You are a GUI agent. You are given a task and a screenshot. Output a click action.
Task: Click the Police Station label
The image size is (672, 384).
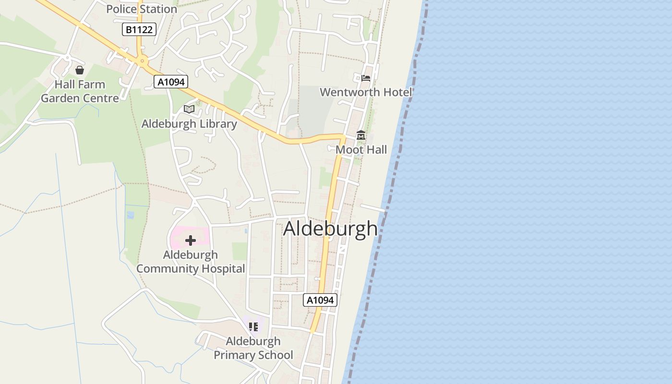point(142,9)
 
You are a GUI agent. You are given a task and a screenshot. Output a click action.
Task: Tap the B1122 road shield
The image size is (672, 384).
point(139,30)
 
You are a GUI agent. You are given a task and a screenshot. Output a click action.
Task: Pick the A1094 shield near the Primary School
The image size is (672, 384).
point(320,300)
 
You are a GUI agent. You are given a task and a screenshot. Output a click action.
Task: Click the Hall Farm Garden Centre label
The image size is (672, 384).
point(80,91)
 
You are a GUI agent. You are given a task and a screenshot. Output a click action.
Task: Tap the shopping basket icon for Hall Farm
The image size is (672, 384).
point(80,71)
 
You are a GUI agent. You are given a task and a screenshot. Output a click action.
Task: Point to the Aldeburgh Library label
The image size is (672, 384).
point(189,124)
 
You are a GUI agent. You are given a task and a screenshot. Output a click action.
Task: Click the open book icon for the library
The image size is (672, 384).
point(189,109)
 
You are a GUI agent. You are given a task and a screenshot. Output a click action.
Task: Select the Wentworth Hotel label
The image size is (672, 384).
point(366,92)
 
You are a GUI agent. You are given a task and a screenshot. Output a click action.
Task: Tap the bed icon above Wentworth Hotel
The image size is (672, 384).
point(366,78)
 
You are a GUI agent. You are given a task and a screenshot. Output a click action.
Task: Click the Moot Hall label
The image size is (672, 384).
point(361,150)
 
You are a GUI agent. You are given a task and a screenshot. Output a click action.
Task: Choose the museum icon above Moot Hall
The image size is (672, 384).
point(361,136)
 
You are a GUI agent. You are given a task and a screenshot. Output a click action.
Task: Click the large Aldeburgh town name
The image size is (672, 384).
point(330,228)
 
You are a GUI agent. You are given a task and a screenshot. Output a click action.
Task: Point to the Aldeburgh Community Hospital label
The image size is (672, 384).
point(191,262)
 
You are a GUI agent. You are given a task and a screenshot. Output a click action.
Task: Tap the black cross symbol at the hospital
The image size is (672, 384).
point(191,240)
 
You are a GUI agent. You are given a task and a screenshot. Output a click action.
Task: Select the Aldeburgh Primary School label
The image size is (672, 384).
point(253,348)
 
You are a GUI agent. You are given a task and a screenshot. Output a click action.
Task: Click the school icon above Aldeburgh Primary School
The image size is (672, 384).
point(253,327)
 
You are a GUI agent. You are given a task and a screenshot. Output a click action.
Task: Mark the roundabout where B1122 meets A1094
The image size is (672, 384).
point(142,61)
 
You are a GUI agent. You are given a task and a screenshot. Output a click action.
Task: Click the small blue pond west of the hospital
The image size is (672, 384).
point(130,215)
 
